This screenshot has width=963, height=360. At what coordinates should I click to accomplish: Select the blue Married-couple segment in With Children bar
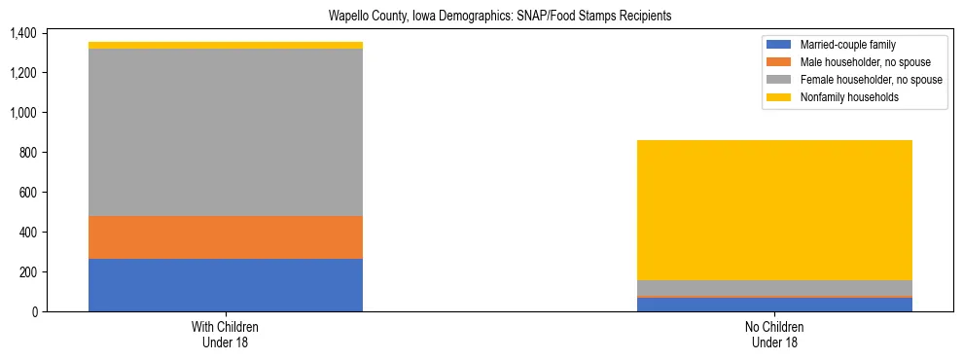(226, 285)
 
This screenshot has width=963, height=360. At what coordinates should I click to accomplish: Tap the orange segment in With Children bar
(226, 237)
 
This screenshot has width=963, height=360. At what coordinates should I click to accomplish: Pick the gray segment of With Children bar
(226, 132)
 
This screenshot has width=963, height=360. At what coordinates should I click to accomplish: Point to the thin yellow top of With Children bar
(226, 46)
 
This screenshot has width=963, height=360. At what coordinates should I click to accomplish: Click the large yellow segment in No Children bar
(775, 210)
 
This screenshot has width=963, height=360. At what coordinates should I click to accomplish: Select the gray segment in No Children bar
(775, 288)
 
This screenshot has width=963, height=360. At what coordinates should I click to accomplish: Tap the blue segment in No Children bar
(775, 305)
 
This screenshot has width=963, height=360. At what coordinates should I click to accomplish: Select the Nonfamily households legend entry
(843, 97)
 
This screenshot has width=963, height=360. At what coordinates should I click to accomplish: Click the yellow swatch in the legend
(780, 97)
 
